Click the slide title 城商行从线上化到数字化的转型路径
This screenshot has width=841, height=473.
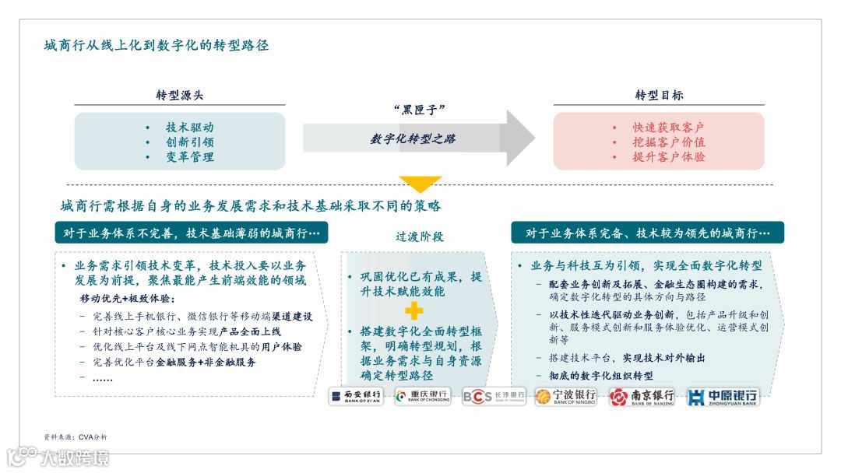[157, 45]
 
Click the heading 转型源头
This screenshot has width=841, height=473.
[180, 95]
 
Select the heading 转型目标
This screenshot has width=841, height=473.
[659, 95]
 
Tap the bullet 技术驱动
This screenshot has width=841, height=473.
[189, 128]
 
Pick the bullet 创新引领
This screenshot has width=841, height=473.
[189, 142]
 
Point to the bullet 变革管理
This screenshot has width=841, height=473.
[189, 157]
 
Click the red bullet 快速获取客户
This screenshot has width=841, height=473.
[668, 128]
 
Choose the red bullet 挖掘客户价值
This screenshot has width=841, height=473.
[669, 142]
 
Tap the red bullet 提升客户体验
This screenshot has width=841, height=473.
[669, 157]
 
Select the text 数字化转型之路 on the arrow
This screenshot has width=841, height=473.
[413, 138]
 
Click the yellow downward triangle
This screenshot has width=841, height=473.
[420, 184]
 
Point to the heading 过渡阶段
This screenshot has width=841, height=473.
[419, 236]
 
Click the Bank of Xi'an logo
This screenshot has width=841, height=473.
[357, 397]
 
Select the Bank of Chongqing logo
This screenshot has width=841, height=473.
[423, 397]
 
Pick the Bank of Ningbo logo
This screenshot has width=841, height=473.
[565, 397]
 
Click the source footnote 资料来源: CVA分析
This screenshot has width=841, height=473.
[76, 436]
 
